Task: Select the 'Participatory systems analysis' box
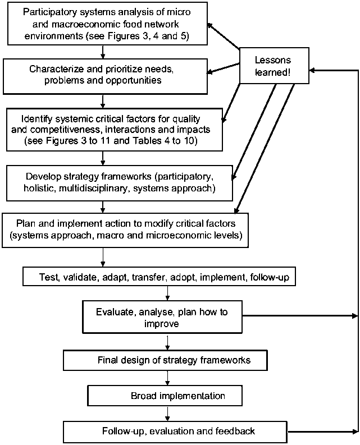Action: point(103,23)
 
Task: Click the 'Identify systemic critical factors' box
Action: point(113,131)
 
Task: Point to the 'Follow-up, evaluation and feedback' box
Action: point(178,432)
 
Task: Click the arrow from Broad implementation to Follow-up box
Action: point(167,414)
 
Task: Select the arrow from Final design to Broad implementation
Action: point(167,377)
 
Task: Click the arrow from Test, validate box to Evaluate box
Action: point(167,294)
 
